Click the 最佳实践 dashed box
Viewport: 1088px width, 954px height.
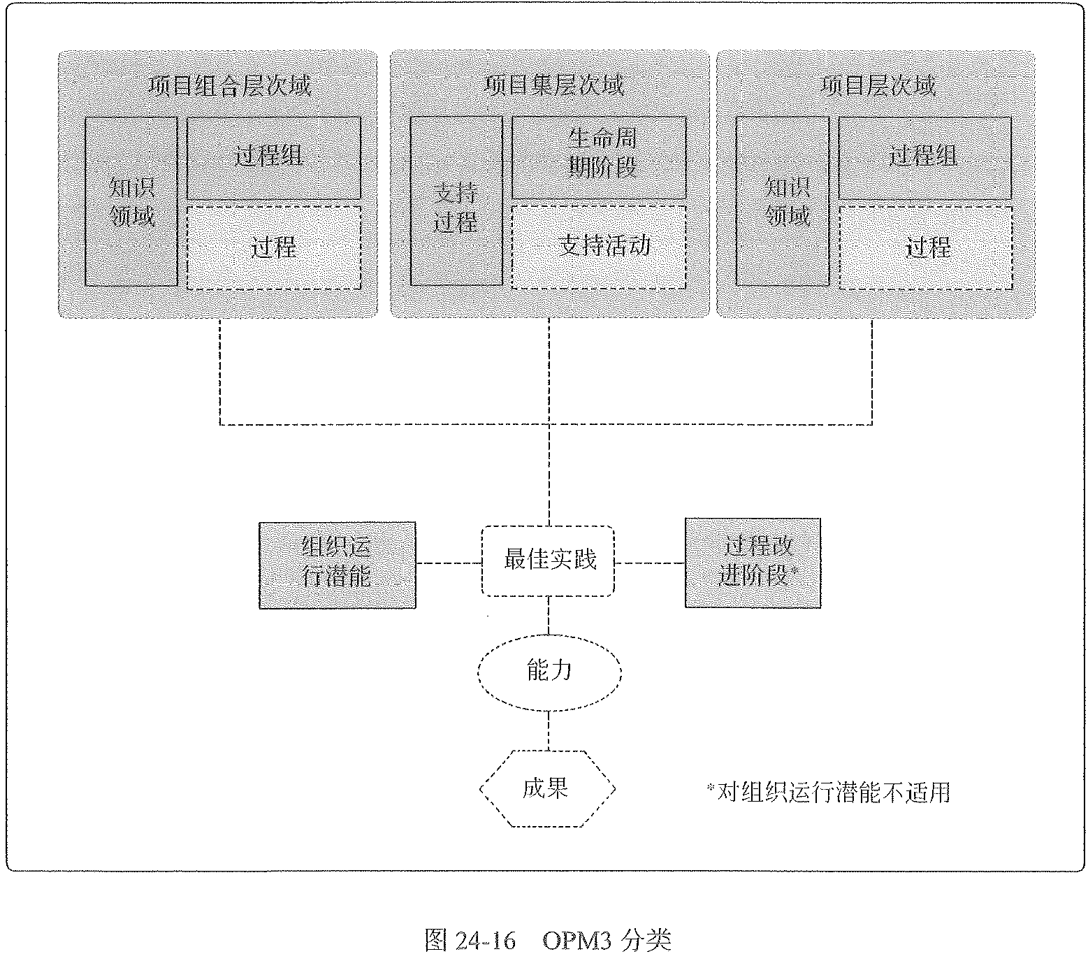pyautogui.click(x=549, y=561)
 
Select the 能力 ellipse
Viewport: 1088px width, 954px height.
pyautogui.click(x=549, y=671)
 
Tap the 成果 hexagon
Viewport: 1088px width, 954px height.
pyautogui.click(x=547, y=788)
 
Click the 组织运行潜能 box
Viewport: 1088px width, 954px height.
pyautogui.click(x=337, y=565)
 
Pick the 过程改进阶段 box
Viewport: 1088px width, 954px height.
pyautogui.click(x=753, y=563)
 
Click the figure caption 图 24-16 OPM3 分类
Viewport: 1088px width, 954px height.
pyautogui.click(x=548, y=939)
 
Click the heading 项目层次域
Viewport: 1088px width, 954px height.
pyautogui.click(x=878, y=86)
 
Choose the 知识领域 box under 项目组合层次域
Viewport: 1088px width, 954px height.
pyautogui.click(x=131, y=201)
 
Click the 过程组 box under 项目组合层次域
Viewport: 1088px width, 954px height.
pyautogui.click(x=274, y=157)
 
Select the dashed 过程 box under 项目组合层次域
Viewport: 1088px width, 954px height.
pyautogui.click(x=274, y=247)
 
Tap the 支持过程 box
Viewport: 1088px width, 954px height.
pyautogui.click(x=456, y=201)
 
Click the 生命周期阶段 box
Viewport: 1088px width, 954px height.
pyautogui.click(x=599, y=157)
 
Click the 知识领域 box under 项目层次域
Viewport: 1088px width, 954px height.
pyautogui.click(x=783, y=201)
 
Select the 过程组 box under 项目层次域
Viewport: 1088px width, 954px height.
pyautogui.click(x=924, y=157)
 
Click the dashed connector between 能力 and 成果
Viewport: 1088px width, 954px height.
pyautogui.click(x=549, y=730)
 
